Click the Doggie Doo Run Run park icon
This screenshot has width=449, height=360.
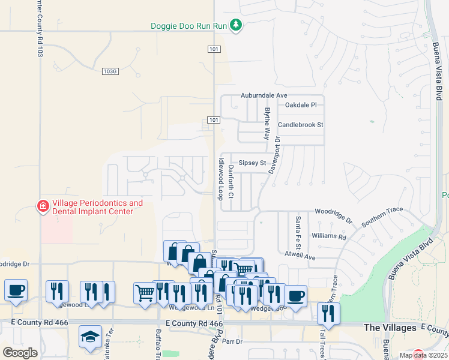click(x=237, y=25)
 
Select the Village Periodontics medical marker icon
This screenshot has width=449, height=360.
click(x=43, y=207)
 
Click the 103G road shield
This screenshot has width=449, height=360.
click(x=110, y=71)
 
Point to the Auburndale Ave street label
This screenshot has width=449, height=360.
click(x=264, y=95)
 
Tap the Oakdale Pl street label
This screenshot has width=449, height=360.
click(x=301, y=105)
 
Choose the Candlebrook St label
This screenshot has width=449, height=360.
click(x=301, y=125)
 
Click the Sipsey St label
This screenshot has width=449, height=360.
click(x=252, y=163)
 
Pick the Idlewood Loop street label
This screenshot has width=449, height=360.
click(x=221, y=179)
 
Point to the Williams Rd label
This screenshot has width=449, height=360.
click(x=330, y=236)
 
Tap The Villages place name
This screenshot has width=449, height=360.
click(x=390, y=328)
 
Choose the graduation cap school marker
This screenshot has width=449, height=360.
click(x=90, y=336)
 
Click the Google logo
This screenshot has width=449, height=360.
click(x=20, y=353)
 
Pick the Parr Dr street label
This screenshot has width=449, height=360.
click(x=231, y=341)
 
